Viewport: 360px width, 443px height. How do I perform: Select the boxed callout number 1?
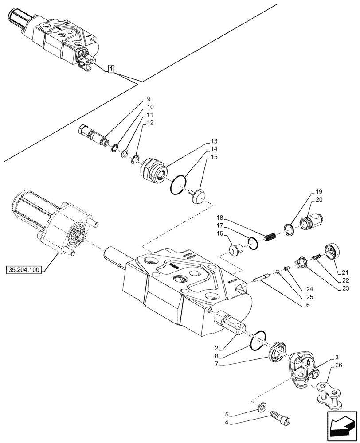point(111,68)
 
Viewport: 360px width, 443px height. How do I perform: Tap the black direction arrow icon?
point(342,425)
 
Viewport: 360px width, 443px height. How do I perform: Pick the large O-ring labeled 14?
point(177,185)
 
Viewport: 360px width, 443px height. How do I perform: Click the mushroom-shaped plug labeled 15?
point(198,195)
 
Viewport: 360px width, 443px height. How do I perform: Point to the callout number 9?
point(149,98)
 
